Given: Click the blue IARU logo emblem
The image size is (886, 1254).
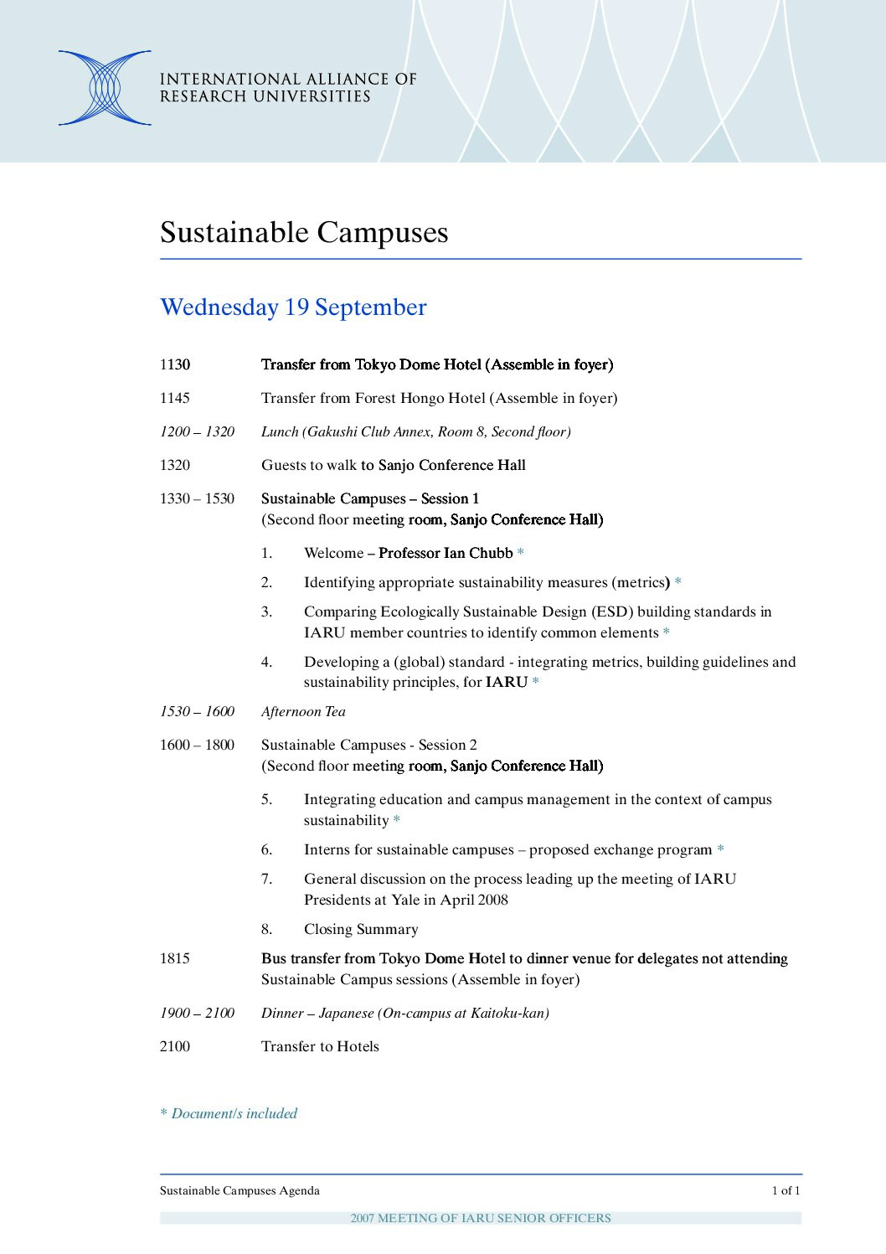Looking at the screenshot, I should (105, 88).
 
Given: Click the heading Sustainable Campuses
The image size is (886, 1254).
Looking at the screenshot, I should (304, 232).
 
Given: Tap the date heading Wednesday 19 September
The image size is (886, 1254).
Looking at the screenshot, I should (293, 307).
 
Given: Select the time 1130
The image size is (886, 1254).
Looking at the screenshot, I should (175, 364).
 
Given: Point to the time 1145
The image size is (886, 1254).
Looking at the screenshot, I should (175, 398).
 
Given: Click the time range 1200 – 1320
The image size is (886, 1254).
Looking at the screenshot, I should (197, 431).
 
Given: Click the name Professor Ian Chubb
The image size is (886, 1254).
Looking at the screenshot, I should (446, 553).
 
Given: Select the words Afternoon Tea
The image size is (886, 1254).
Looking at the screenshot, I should (303, 711).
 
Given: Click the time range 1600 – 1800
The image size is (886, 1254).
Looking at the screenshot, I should (197, 745).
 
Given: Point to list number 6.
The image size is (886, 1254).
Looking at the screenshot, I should (266, 849).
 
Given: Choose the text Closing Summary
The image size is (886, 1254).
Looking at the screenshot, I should (361, 929).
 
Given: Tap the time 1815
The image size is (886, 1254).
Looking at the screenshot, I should (175, 958).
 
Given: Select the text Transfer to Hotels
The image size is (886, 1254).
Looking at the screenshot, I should (320, 1046).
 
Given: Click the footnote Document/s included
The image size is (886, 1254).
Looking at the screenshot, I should (234, 1113).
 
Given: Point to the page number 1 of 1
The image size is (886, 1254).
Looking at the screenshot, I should (786, 1190).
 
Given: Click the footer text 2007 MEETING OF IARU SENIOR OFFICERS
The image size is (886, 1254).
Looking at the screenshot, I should (481, 1218).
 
